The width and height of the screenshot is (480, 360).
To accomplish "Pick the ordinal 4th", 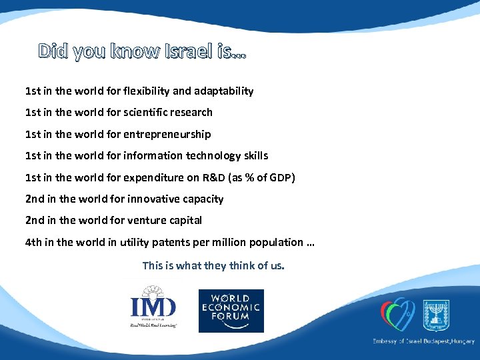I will point(33,242).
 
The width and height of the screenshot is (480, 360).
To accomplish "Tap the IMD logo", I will point(153,307).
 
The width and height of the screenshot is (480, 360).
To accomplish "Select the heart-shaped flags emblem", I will point(397,313).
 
